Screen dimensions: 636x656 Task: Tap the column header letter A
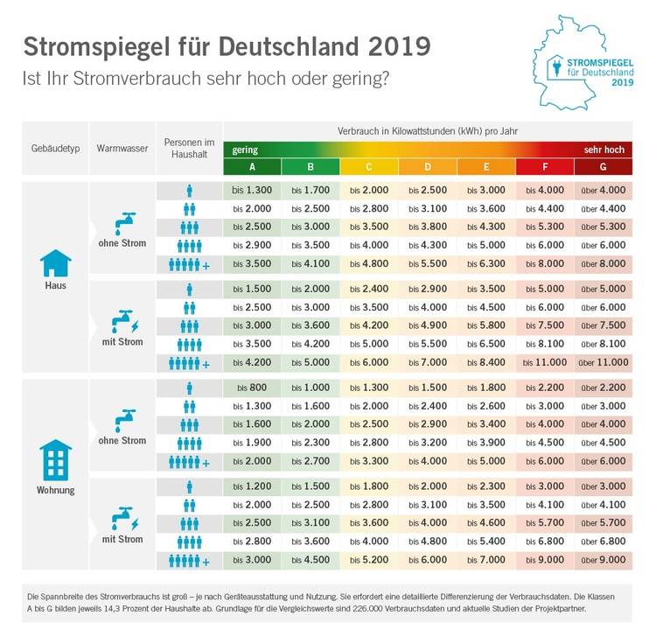(x=252, y=166)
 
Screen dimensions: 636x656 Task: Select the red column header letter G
(x=603, y=166)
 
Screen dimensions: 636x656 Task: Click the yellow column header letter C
(x=369, y=166)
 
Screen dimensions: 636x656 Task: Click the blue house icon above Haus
(x=56, y=262)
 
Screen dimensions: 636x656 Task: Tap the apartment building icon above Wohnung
(x=56, y=458)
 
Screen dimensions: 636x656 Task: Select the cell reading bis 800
(x=252, y=388)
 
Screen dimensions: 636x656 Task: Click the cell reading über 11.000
(x=603, y=362)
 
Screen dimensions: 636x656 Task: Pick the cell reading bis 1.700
(x=311, y=190)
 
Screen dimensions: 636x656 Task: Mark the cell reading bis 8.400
(x=485, y=362)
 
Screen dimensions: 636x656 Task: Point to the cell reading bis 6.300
(x=485, y=263)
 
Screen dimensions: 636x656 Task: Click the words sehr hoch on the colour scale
(x=604, y=150)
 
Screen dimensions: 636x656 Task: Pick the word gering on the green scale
(x=245, y=150)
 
